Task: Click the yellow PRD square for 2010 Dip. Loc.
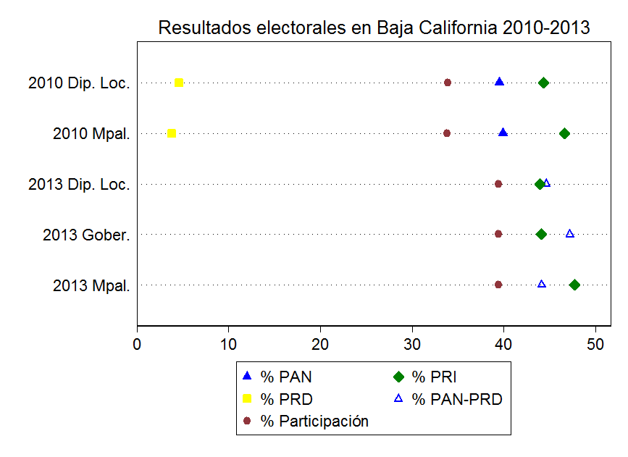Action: (179, 83)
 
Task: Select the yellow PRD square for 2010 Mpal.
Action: (172, 133)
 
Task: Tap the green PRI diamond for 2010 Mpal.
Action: (564, 133)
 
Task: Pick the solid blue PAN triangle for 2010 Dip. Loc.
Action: (499, 82)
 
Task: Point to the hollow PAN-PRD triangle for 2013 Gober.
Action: (570, 233)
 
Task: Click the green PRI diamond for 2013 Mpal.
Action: (574, 285)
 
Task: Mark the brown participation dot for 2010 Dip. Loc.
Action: (448, 83)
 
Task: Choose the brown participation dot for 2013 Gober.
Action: (498, 234)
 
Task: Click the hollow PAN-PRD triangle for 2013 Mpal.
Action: (542, 284)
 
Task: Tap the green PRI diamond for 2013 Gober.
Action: (541, 234)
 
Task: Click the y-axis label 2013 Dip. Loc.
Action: (79, 185)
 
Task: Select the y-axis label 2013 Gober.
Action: (86, 235)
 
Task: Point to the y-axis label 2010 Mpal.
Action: (91, 134)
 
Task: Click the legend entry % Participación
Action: (314, 422)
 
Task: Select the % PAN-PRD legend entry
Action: (456, 399)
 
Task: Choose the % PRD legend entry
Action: (286, 399)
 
